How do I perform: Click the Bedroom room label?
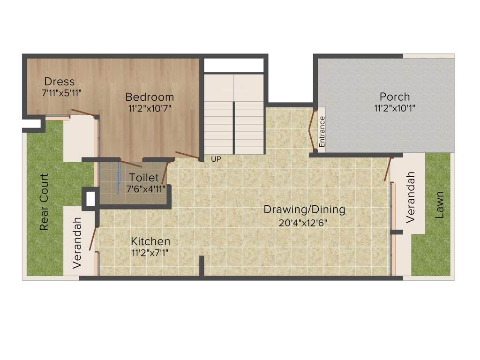[x=150, y=97]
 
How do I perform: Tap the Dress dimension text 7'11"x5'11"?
[x=62, y=93]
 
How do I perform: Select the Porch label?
[x=394, y=97]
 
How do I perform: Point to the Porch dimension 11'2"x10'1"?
[x=394, y=108]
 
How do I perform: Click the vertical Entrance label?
[x=322, y=132]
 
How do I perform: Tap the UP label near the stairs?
[x=216, y=159]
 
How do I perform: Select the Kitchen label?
[x=150, y=241]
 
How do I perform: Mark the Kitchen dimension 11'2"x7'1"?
[x=150, y=253]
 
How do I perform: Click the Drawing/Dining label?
[x=304, y=210]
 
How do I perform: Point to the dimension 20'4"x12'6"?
[x=303, y=223]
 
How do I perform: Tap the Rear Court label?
[x=44, y=202]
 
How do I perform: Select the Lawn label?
[x=439, y=205]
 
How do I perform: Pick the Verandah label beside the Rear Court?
[x=77, y=242]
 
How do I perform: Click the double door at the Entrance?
[x=311, y=131]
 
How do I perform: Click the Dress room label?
[x=59, y=82]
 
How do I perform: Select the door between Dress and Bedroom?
[x=83, y=113]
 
